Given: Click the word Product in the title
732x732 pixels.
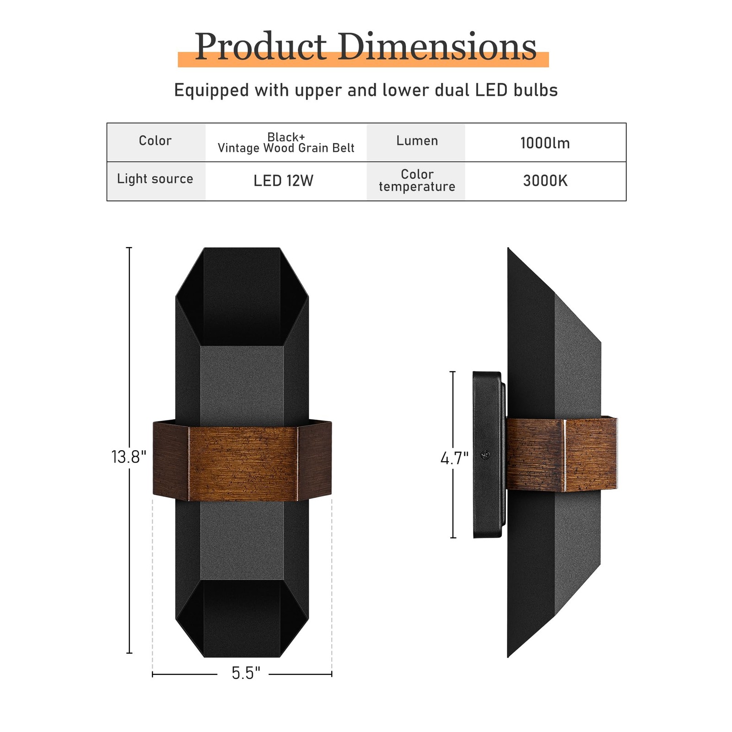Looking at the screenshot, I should (260, 47).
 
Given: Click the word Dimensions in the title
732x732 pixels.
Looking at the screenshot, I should (437, 47).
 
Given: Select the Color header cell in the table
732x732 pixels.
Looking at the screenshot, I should (156, 141).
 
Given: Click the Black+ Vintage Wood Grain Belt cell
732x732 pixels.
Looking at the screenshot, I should (286, 143).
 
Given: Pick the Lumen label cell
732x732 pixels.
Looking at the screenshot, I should (417, 141).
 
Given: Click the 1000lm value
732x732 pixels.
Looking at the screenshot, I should (545, 143).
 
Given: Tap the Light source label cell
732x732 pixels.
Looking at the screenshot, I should (155, 179).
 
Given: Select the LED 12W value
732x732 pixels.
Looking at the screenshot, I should (283, 181).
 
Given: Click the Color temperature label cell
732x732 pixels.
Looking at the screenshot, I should (417, 181).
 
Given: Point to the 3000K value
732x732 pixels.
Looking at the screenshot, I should (545, 181).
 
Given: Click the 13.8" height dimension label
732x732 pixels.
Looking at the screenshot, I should (129, 457).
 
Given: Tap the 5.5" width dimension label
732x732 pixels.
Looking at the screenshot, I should (246, 673).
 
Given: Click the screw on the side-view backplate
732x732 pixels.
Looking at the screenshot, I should (486, 455).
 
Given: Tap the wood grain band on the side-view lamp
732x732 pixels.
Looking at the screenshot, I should (563, 455).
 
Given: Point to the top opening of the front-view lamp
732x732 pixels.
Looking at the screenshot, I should (242, 297).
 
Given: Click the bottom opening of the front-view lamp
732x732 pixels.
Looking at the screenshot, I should (242, 618).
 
